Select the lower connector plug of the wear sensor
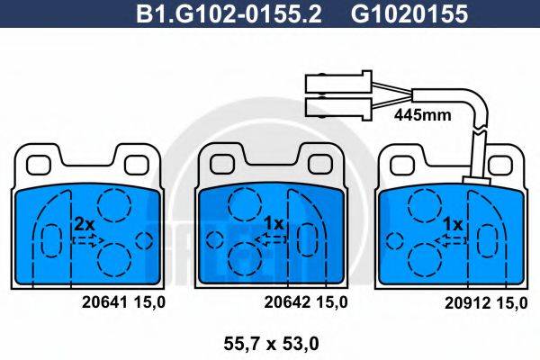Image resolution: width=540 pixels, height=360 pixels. [337, 109]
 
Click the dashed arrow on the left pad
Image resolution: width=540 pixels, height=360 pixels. [89, 239]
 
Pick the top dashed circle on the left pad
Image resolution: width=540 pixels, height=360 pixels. [113, 206]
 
